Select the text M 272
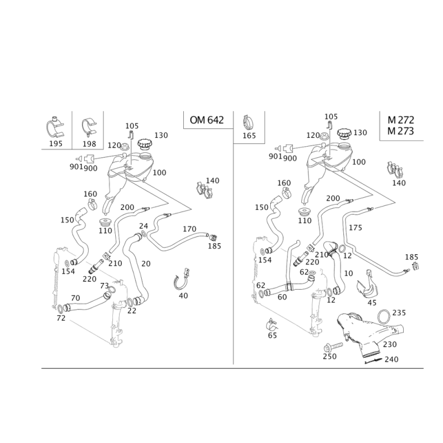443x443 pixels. (400, 120)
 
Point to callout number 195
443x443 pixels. (55, 144)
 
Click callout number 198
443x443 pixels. (88, 144)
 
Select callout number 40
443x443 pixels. (183, 296)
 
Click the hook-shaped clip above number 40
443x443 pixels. (181, 280)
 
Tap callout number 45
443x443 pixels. (372, 303)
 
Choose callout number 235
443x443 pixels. (399, 313)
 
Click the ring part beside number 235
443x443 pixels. (384, 316)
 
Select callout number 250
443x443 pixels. (329, 357)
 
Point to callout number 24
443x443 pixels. (143, 225)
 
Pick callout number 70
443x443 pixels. (76, 297)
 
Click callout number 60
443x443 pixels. (282, 297)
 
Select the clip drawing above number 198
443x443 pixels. (87, 127)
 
